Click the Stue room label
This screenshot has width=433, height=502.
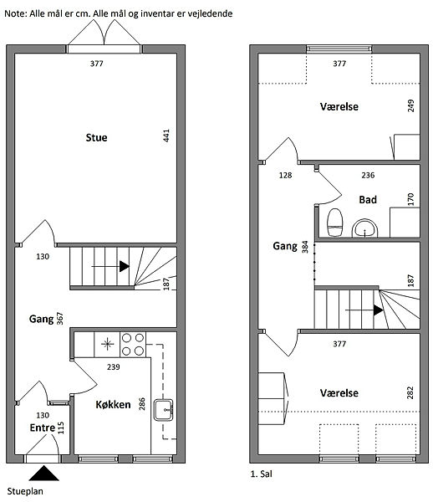pyautogui.click(x=97, y=138)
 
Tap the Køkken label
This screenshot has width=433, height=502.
pyautogui.click(x=113, y=405)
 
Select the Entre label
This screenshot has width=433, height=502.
pyautogui.click(x=43, y=428)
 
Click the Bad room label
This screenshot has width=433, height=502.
pyautogui.click(x=368, y=200)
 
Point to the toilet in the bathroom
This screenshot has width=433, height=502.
pyautogui.click(x=335, y=223)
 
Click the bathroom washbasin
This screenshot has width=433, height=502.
pyautogui.click(x=365, y=228)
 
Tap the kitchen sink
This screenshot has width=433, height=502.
pyautogui.click(x=163, y=409)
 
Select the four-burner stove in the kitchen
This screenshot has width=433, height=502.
pyautogui.click(x=133, y=345)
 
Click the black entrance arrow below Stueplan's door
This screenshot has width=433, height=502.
pyautogui.click(x=43, y=474)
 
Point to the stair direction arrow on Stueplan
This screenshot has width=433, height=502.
pyautogui.click(x=110, y=266)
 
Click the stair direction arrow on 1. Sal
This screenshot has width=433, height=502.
pyautogui.click(x=364, y=310)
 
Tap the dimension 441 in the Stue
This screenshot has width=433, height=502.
pyautogui.click(x=166, y=136)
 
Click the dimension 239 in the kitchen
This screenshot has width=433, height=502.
pyautogui.click(x=114, y=366)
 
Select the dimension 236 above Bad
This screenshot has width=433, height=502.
pyautogui.click(x=368, y=175)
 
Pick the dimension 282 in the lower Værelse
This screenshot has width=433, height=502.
pyautogui.click(x=410, y=393)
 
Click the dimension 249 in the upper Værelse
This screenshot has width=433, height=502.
pyautogui.click(x=410, y=105)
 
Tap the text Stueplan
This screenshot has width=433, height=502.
pyautogui.click(x=25, y=491)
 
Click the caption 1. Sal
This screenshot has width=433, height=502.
pyautogui.click(x=262, y=474)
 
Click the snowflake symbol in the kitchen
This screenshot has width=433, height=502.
pyautogui.click(x=108, y=344)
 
